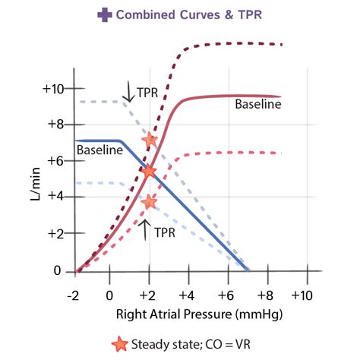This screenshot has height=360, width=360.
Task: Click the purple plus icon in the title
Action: (x=103, y=14)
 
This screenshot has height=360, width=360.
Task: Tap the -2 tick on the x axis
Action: (x=74, y=293)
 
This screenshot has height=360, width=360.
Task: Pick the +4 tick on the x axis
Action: (x=186, y=293)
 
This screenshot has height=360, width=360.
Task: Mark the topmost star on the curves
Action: (x=150, y=139)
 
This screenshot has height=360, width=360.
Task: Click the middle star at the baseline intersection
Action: (x=149, y=172)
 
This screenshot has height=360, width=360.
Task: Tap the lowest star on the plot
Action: (x=150, y=201)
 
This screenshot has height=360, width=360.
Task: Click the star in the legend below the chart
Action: (x=119, y=344)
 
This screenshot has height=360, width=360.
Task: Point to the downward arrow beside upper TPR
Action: (x=127, y=90)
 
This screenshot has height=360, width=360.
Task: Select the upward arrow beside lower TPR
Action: (x=144, y=229)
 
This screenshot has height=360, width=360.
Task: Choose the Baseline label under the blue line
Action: (x=99, y=151)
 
